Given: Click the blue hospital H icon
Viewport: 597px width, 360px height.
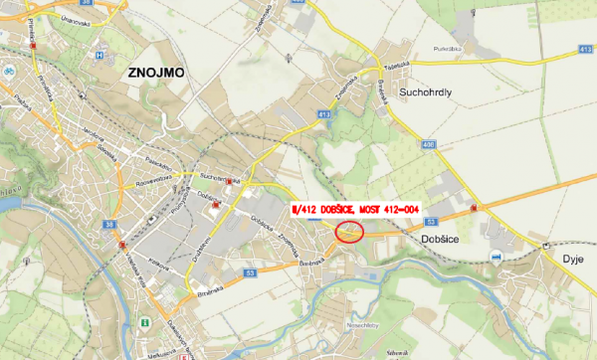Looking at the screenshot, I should pyautogui.click(x=99, y=56).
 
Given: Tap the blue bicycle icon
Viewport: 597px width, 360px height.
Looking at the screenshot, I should pyautogui.click(x=8, y=72).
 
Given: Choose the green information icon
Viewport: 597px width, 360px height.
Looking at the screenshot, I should pyautogui.click(x=146, y=322).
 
